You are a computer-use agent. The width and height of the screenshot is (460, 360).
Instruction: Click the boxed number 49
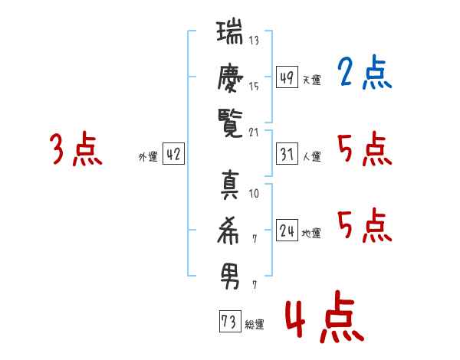pyautogui.click(x=287, y=77)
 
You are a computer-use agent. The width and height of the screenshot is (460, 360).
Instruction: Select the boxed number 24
pyautogui.click(x=287, y=229)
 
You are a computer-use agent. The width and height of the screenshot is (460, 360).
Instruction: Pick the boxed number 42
pyautogui.click(x=172, y=154)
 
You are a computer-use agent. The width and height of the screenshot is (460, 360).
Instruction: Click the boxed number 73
pyautogui.click(x=228, y=322)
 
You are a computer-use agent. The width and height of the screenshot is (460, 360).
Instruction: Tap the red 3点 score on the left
pyautogui.click(x=76, y=149)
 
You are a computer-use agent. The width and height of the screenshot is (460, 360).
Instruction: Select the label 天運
pyautogui.click(x=311, y=79)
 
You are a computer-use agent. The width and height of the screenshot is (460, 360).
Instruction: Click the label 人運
pyautogui.click(x=311, y=156)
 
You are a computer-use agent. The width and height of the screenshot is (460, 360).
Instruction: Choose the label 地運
pyautogui.click(x=311, y=233)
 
